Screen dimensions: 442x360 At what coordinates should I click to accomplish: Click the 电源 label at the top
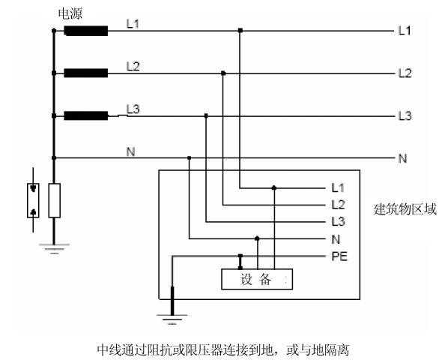[x=70, y=13]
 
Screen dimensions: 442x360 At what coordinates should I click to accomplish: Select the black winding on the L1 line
[x=86, y=31]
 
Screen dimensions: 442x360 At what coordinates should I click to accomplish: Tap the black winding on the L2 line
[x=86, y=73]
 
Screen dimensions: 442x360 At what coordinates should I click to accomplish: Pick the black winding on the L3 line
[x=86, y=115]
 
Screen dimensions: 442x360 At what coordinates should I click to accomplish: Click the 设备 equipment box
[x=257, y=279]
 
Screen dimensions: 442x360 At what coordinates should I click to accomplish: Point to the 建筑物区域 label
[x=405, y=209]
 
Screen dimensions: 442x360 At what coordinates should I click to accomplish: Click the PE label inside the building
[x=339, y=256]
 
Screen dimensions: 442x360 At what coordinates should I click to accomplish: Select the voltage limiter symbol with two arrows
[x=33, y=200]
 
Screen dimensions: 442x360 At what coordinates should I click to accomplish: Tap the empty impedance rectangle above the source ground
[x=55, y=200]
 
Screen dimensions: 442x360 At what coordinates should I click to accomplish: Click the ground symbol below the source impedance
[x=54, y=249]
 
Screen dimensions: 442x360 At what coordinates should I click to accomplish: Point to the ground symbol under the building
[x=172, y=319]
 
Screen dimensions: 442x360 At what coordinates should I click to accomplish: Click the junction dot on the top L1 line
[x=240, y=30]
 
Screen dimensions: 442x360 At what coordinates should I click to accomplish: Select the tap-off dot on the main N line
[x=189, y=157]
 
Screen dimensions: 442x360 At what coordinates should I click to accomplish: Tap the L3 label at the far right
[x=405, y=116]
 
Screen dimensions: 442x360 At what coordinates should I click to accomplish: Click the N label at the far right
[x=402, y=158]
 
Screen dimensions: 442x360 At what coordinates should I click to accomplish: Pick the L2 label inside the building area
[x=338, y=205]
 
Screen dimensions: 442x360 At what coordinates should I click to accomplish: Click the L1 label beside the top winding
[x=133, y=24]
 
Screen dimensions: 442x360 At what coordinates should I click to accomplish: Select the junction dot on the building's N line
[x=257, y=238]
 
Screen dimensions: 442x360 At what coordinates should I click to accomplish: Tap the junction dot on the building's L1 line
[x=274, y=187]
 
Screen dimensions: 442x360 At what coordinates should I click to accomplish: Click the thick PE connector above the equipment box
[x=240, y=262]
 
